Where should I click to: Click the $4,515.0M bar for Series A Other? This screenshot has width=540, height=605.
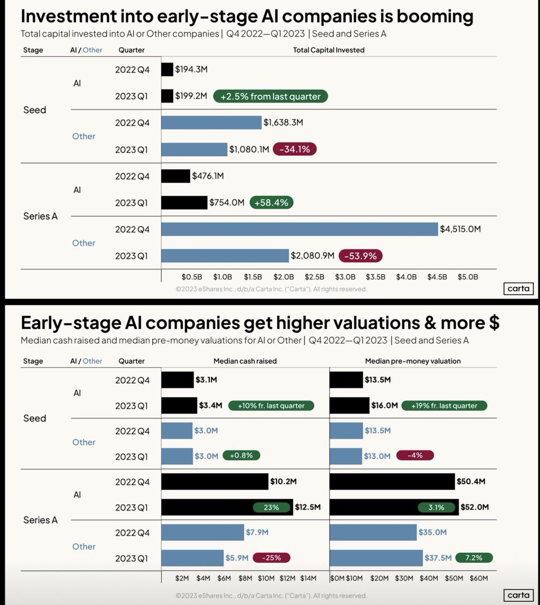299,229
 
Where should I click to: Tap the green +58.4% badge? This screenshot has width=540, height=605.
271,203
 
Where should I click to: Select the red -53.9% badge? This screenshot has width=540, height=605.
361,256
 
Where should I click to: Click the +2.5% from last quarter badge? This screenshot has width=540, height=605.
270,96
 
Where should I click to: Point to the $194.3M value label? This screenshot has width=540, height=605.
191,70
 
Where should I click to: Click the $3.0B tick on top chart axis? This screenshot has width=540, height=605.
345,277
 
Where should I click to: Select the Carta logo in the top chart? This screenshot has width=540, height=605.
518,288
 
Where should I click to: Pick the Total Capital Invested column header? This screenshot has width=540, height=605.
329,50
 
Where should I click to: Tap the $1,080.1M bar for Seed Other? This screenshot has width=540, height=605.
195,149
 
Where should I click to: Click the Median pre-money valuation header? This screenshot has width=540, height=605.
412,361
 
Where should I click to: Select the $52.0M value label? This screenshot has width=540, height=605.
474,507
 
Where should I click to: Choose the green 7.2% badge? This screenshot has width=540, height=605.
473,558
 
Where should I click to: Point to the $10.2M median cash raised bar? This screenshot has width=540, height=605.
215,481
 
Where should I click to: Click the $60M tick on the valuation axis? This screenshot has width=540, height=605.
478,578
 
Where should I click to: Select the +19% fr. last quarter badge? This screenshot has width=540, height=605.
444,405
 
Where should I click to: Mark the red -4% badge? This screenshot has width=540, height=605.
414,455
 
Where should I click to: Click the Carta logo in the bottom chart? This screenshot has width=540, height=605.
518,595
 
